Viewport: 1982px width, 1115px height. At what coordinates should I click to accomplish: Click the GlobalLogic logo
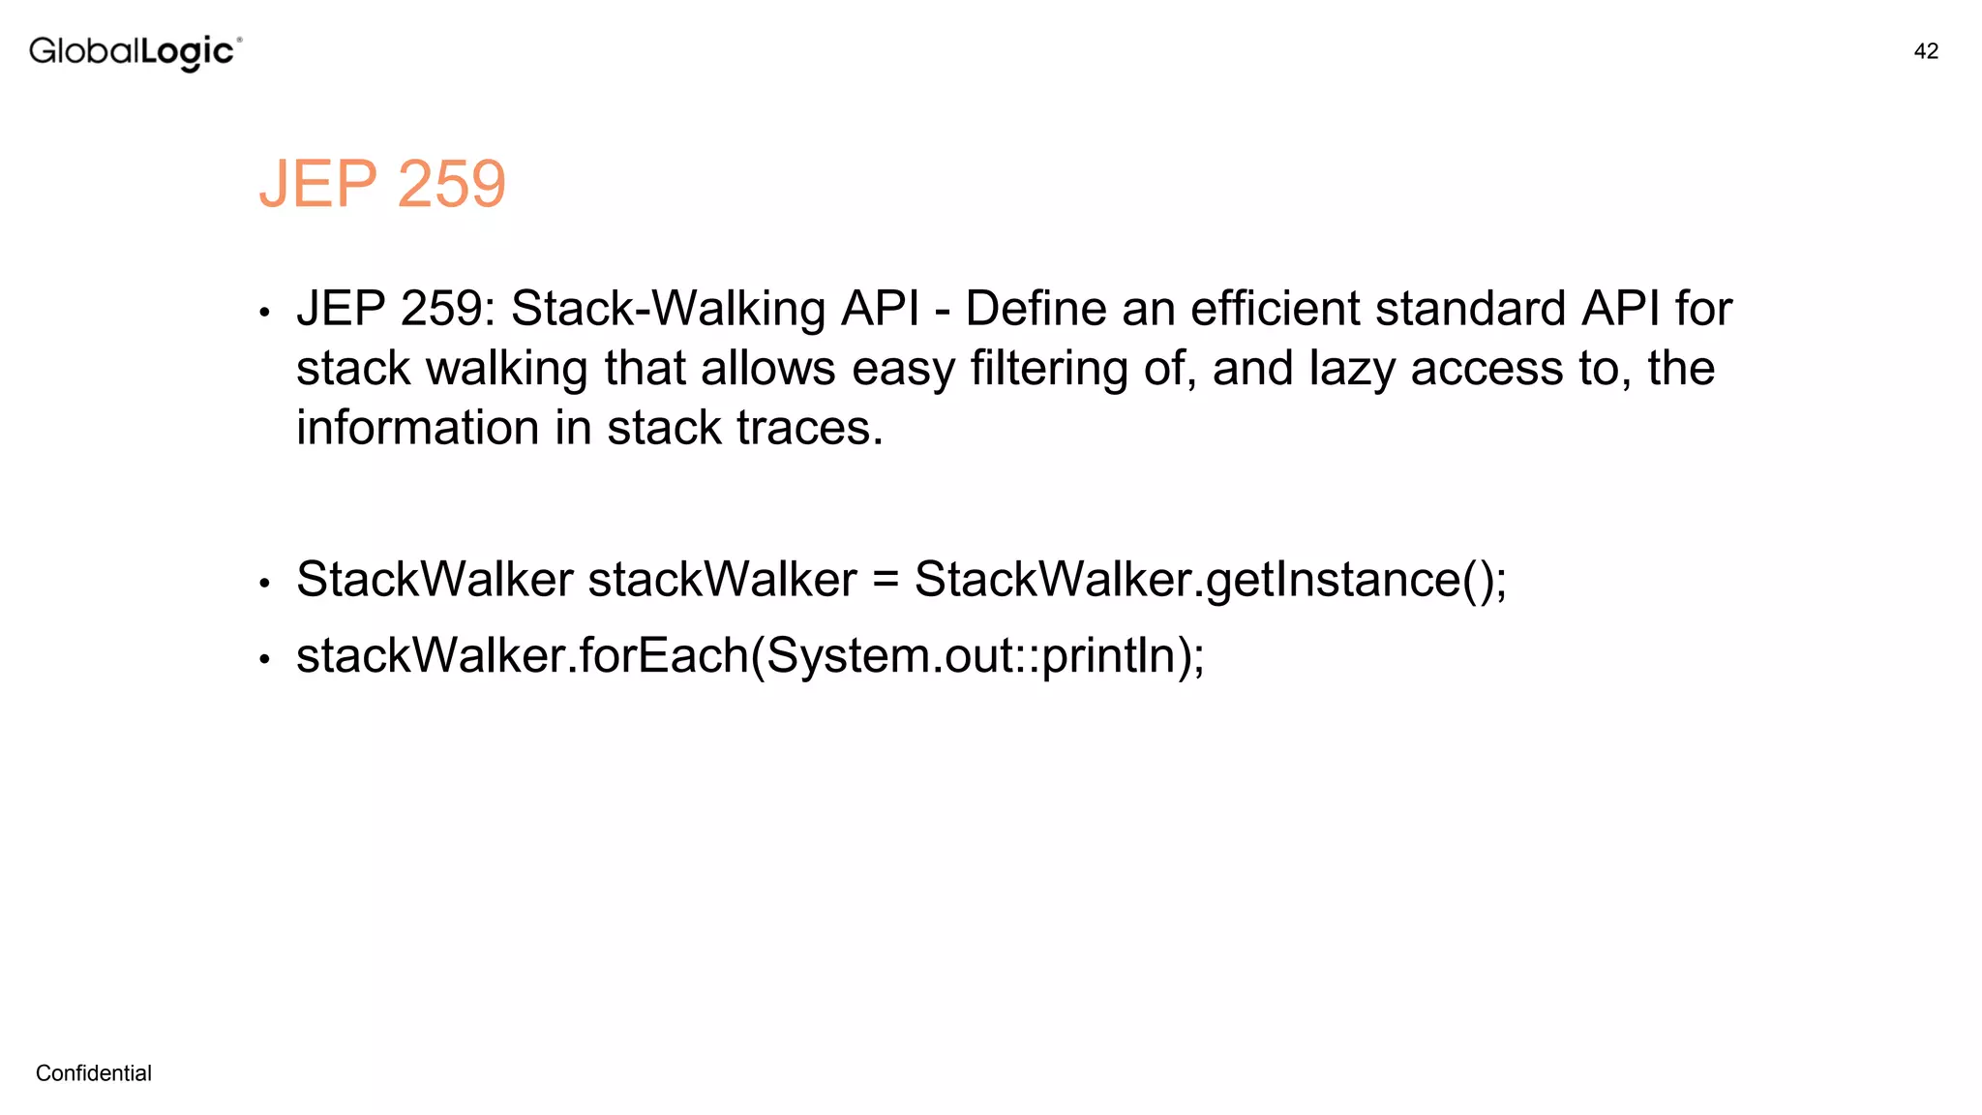[x=135, y=51]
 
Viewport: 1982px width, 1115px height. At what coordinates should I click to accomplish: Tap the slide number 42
[x=1926, y=51]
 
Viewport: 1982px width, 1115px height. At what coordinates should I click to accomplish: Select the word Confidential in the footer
[x=94, y=1072]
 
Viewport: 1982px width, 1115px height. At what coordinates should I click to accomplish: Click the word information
[x=418, y=428]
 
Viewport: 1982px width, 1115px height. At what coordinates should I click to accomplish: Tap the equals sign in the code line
[x=886, y=580]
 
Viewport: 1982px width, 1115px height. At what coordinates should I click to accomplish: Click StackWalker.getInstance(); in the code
[x=1210, y=580]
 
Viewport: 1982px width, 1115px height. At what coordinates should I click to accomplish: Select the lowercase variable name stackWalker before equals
[x=722, y=580]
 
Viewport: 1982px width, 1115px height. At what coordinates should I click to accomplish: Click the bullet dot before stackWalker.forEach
[x=264, y=660]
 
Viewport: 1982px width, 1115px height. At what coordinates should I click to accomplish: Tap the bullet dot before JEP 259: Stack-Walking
[x=264, y=314]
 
